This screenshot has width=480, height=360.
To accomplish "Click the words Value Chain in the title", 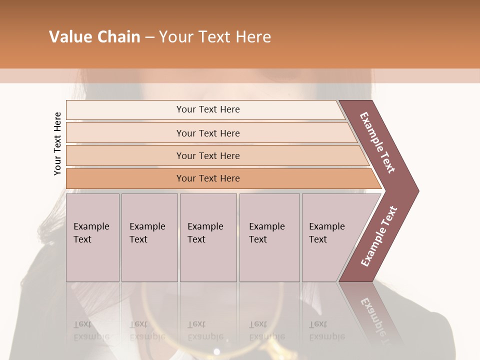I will pyautogui.click(x=94, y=37).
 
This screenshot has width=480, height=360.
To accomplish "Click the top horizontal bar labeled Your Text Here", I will pyautogui.click(x=208, y=109).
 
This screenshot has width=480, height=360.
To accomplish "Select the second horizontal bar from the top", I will pyautogui.click(x=208, y=133).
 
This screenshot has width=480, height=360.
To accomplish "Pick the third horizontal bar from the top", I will pyautogui.click(x=208, y=155).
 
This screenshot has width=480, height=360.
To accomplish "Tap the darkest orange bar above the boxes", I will pyautogui.click(x=208, y=178).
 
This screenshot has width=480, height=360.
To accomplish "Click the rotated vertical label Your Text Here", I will pyautogui.click(x=57, y=143).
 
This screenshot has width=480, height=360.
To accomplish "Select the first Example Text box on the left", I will pyautogui.click(x=92, y=237).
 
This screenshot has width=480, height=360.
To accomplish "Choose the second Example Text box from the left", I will pyautogui.click(x=149, y=237).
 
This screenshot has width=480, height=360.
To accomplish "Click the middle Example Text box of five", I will pyautogui.click(x=208, y=237).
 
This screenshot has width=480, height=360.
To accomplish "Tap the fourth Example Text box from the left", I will pyautogui.click(x=269, y=237).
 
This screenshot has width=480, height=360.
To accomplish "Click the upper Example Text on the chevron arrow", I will pyautogui.click(x=378, y=142).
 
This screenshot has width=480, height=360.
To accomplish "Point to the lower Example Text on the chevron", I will pyautogui.click(x=379, y=236).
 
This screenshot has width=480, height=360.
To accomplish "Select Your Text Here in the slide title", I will pyautogui.click(x=215, y=37).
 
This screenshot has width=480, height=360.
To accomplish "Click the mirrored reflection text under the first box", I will pyautogui.click(x=91, y=330).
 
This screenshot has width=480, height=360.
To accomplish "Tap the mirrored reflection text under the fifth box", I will pyautogui.click(x=326, y=330).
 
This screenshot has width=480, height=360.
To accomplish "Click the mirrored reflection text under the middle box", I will pyautogui.click(x=205, y=330).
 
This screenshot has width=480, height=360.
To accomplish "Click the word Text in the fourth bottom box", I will pyautogui.click(x=258, y=239).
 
